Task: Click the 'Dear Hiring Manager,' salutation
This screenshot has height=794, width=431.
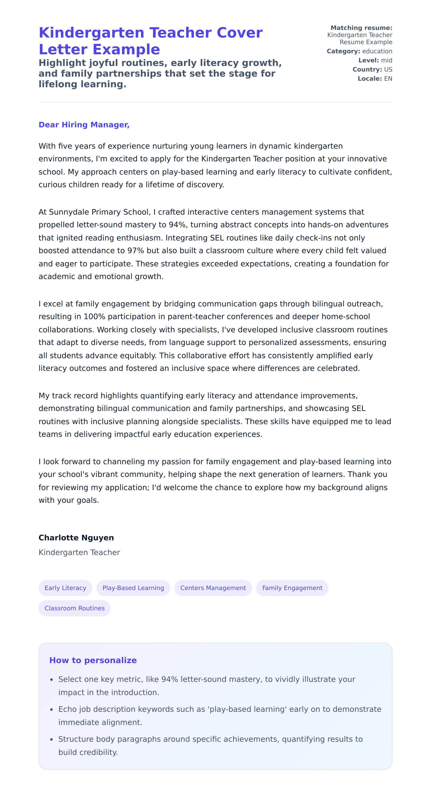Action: click(84, 125)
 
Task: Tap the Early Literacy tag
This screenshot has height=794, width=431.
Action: click(65, 588)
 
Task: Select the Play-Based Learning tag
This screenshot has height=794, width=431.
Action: click(133, 588)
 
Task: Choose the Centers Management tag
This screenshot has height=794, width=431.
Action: click(213, 588)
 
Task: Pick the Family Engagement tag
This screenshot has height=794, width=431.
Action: click(292, 588)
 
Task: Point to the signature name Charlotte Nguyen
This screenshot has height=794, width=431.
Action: click(76, 538)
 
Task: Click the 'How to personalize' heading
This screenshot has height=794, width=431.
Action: click(93, 660)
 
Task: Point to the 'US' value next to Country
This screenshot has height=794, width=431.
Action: click(388, 70)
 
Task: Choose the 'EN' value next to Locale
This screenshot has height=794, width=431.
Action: click(388, 79)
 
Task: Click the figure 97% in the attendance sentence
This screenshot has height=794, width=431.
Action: click(136, 251)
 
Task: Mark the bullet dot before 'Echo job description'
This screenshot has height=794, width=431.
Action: click(51, 710)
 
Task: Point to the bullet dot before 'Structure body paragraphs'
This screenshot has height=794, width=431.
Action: click(51, 739)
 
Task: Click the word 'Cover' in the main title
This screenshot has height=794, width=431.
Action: click(239, 33)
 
